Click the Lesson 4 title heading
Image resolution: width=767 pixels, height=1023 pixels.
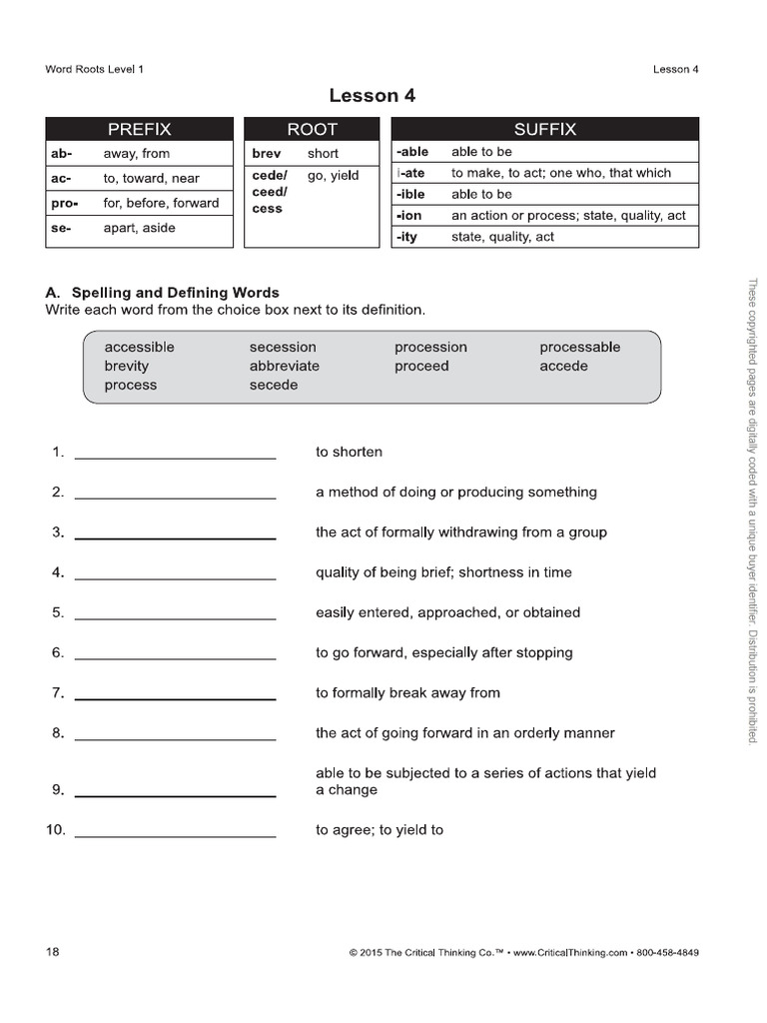coord(372,96)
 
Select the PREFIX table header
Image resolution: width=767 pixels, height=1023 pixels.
coord(139,129)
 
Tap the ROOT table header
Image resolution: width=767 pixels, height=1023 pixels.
coord(312,129)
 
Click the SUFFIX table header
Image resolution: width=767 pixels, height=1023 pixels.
coord(544,129)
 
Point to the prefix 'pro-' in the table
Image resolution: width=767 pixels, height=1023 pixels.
coord(65,203)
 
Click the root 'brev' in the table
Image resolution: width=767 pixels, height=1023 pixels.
coord(266,154)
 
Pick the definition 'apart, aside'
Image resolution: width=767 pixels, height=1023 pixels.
coord(139,228)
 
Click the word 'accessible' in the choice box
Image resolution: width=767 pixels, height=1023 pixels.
coord(139,347)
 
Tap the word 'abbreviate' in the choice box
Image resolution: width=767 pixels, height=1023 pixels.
coord(285,366)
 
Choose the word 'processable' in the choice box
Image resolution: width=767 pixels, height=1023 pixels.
coord(579,347)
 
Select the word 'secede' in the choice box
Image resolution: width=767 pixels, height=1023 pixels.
coord(274,385)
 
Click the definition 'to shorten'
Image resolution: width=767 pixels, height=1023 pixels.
coord(349,452)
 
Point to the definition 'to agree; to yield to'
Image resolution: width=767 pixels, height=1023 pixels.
coord(380,829)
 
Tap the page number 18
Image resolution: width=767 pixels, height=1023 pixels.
coord(53,952)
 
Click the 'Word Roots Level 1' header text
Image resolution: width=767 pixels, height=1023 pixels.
coord(101,69)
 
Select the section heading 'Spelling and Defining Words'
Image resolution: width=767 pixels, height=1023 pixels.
coord(175,293)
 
